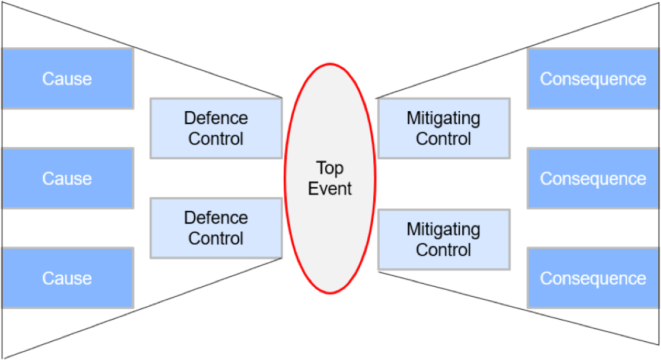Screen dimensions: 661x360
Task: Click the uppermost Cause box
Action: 68,78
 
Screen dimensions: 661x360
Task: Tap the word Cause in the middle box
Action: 67,179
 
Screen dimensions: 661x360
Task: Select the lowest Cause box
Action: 68,277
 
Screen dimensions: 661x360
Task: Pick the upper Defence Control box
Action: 216,128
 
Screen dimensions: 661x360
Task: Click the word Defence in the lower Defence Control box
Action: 216,218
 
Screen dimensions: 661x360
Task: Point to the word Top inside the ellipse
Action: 330,169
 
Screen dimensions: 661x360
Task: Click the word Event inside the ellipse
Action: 330,188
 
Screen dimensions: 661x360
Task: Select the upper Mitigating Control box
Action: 444,128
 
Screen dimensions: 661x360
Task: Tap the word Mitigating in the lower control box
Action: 443,229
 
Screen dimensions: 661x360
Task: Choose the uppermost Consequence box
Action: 593,78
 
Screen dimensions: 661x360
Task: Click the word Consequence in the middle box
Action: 593,179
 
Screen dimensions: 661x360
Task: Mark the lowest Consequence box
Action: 593,277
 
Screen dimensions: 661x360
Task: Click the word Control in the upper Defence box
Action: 216,138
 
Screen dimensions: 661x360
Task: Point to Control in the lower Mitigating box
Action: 443,250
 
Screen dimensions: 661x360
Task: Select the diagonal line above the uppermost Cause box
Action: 142,50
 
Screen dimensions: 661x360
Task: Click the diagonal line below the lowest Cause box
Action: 142,308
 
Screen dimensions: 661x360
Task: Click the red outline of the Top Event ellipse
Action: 285,179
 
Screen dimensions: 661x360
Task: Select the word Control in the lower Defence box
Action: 216,238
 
